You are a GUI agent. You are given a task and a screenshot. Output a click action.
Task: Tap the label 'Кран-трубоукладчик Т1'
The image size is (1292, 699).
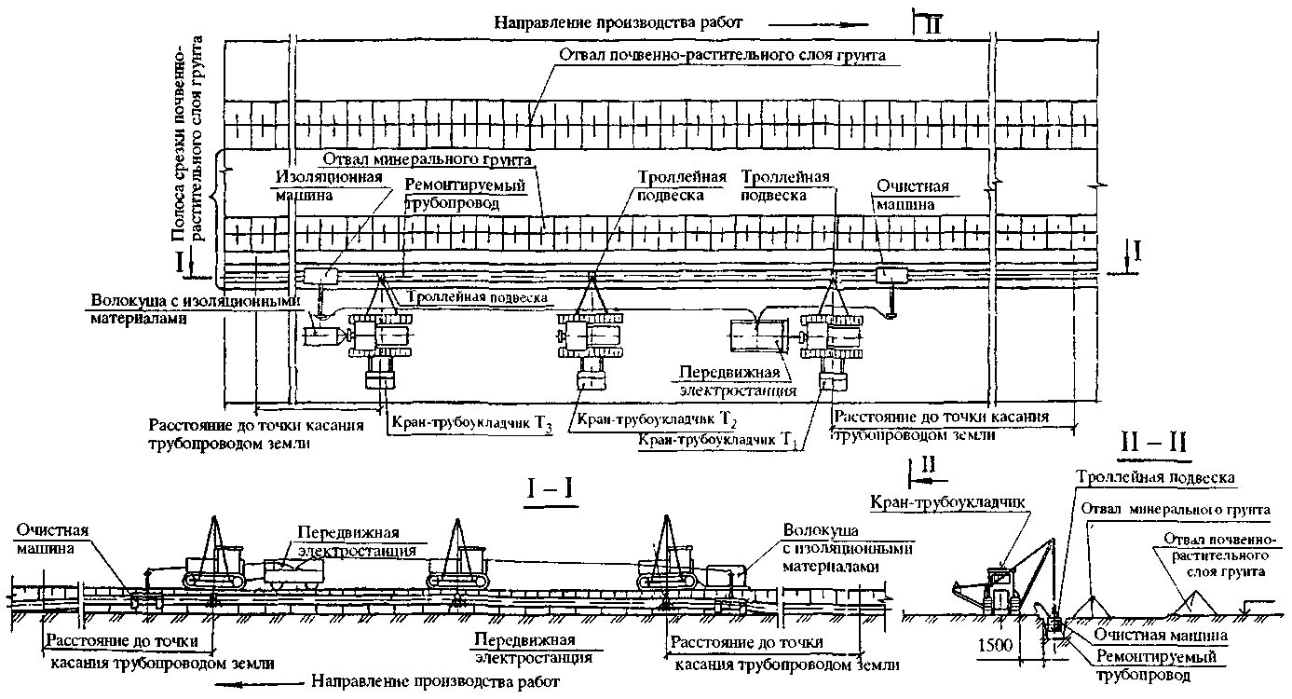pyautogui.click(x=721, y=437)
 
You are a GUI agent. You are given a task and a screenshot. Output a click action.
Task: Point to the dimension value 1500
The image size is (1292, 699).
pyautogui.click(x=995, y=643)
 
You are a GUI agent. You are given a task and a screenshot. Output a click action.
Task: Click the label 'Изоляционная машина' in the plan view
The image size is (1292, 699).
pyautogui.click(x=317, y=186)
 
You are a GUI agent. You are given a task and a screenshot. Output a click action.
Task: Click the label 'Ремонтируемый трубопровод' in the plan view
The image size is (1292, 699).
pyautogui.click(x=466, y=193)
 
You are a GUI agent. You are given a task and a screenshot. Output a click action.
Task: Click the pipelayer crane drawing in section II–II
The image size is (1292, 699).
pyautogui.click(x=1001, y=582)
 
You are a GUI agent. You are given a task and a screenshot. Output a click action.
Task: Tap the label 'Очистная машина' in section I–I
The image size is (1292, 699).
pyautogui.click(x=52, y=539)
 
